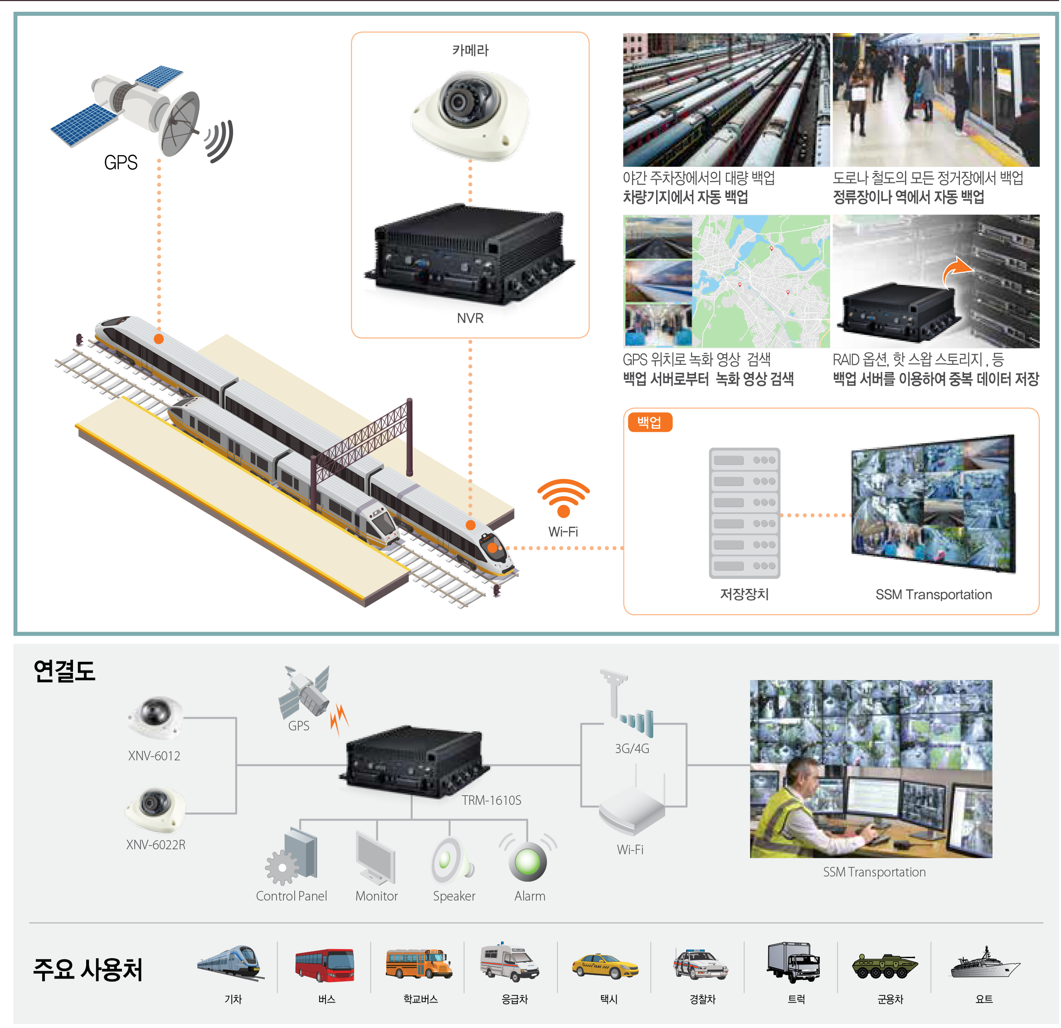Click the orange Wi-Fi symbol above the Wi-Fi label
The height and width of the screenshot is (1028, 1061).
[563, 497]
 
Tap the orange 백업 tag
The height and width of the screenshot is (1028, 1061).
[650, 422]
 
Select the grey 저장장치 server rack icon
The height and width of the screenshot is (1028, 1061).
[745, 512]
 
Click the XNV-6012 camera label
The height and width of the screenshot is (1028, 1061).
[154, 755]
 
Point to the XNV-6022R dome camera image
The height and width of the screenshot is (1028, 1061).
[156, 808]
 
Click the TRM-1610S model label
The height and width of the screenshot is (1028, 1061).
[492, 800]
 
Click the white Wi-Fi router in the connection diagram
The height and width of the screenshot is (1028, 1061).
[632, 810]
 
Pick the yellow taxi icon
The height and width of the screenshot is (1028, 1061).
[605, 966]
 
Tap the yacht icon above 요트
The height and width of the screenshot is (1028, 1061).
[984, 964]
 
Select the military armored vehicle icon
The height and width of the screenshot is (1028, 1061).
[885, 965]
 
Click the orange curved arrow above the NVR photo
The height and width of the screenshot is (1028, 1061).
[957, 269]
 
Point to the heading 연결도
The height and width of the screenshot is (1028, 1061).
[64, 671]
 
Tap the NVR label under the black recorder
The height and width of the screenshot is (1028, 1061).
[470, 318]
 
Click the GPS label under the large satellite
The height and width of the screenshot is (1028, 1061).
[121, 162]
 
